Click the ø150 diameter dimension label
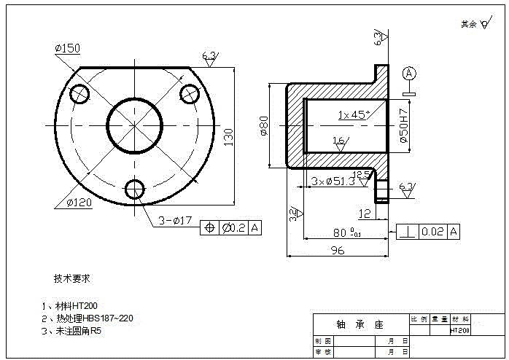(x=67, y=48)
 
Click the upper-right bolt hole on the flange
(x=190, y=93)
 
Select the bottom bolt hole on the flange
(x=134, y=189)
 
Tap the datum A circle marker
(x=409, y=73)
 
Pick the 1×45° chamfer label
(x=353, y=114)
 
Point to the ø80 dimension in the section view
(x=264, y=126)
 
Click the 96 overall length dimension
(x=338, y=250)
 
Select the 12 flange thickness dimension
(x=364, y=214)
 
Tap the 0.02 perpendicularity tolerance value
(x=432, y=232)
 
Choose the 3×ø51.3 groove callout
(x=333, y=180)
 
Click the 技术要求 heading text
(x=71, y=278)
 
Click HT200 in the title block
(x=459, y=330)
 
